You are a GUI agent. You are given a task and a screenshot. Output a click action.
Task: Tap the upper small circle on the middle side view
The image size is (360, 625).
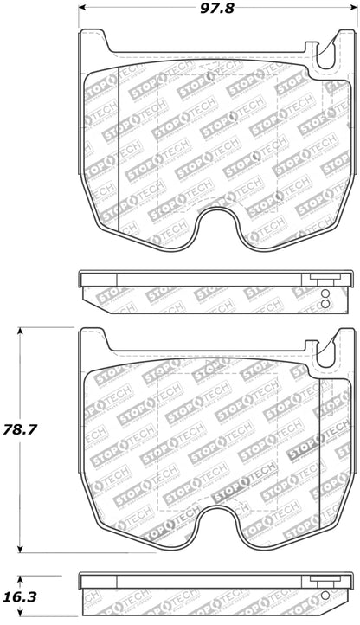(x=325, y=293)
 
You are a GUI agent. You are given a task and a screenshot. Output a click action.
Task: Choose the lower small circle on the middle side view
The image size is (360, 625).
(x=325, y=303)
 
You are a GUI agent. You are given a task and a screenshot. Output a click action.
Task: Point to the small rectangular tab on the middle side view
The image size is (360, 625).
(x=323, y=280)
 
